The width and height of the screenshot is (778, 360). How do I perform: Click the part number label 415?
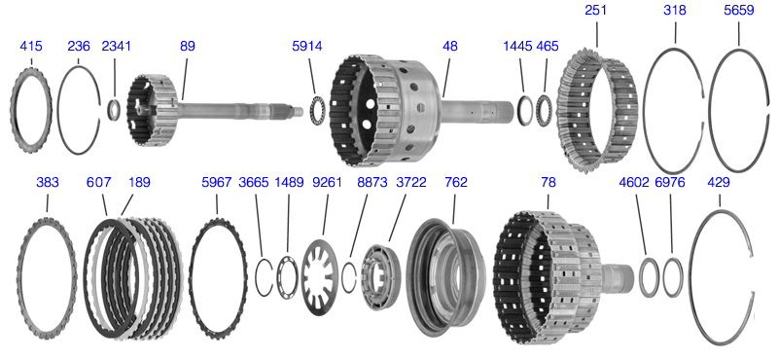point(31,46)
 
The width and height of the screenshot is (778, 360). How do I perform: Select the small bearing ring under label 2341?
point(114,110)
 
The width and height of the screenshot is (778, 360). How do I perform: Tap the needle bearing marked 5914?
point(317,111)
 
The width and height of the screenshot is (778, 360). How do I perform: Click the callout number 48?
point(450,46)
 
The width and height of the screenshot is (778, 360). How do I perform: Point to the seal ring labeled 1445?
point(525,110)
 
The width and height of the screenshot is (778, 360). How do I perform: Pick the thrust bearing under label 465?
point(545,110)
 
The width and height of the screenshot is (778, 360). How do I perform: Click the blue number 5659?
point(739,10)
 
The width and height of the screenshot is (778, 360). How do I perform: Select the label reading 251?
point(595,10)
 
